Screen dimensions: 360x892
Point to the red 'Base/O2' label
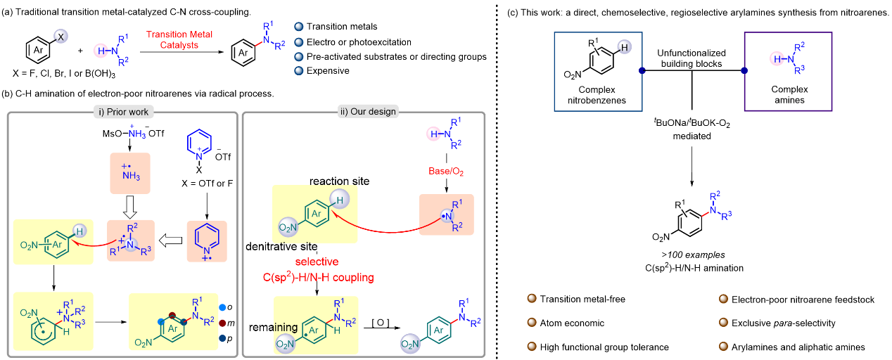(444, 172)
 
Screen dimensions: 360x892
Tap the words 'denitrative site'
(279, 247)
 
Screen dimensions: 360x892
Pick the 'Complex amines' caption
(788, 95)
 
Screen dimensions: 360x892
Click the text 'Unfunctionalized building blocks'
(690, 58)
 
